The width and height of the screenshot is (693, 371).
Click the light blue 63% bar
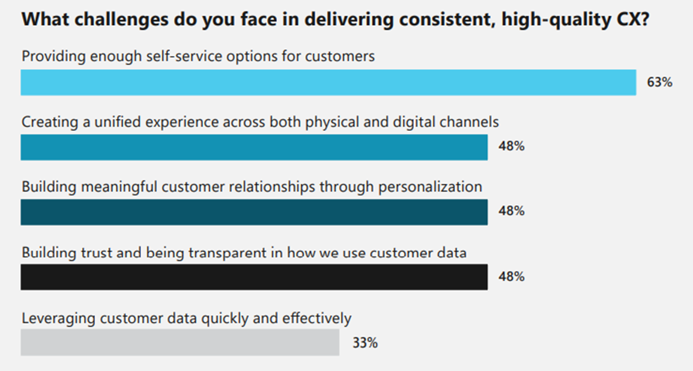328,82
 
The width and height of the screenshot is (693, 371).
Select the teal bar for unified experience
254,147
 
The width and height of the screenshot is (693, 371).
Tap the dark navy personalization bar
254,212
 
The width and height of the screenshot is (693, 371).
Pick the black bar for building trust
254,277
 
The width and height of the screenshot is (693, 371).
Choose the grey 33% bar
180,342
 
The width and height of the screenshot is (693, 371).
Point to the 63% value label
659,83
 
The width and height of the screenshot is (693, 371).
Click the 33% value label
365,343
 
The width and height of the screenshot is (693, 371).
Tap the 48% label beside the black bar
512,277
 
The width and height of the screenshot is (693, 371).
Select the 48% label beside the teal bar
512,146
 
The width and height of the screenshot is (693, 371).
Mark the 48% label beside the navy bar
512,212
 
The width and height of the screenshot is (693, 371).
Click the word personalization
430,187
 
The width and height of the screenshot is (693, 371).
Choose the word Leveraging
58,318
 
